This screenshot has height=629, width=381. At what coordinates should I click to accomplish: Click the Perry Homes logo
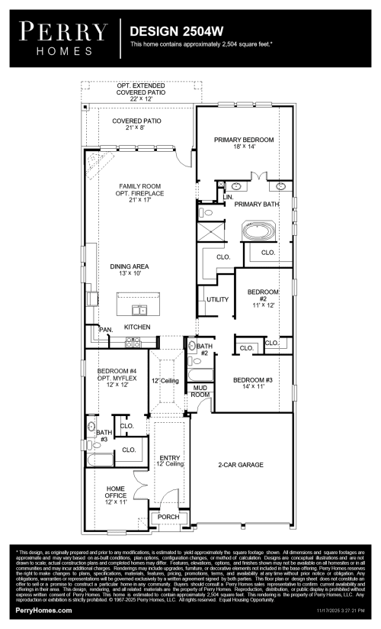click(62, 36)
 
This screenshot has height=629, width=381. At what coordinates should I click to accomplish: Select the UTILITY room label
click(217, 299)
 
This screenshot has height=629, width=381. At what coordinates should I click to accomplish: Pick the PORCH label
click(167, 517)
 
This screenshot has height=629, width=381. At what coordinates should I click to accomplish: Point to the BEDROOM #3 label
click(252, 383)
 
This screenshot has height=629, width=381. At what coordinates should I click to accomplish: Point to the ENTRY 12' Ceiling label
click(171, 460)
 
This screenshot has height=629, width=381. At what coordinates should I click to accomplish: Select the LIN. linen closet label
click(228, 198)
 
